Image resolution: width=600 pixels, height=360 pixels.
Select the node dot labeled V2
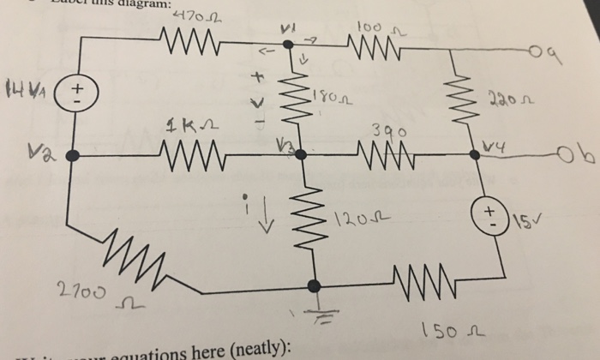coord(73,155)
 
